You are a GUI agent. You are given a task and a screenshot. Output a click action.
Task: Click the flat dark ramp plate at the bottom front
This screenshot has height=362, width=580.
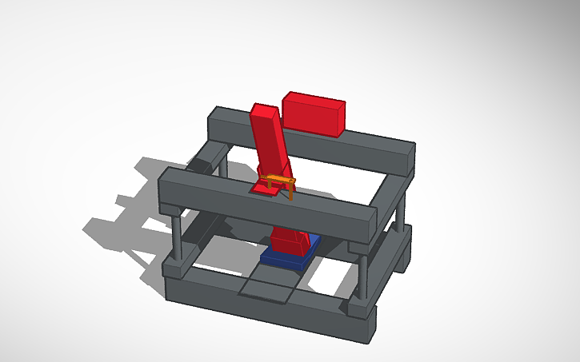[267, 287]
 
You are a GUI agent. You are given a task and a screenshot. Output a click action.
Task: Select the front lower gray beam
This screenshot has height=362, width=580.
[264, 308]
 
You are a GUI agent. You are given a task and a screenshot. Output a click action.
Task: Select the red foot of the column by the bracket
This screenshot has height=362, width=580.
[262, 189]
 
